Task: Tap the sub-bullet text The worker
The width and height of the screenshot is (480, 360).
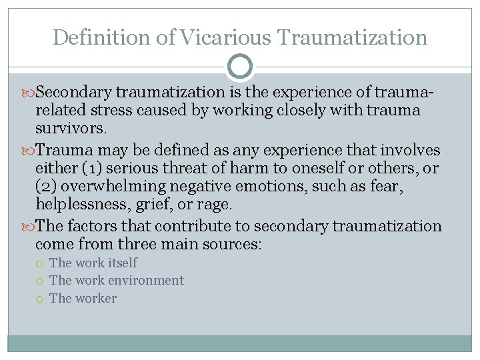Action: pyautogui.click(x=83, y=298)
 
